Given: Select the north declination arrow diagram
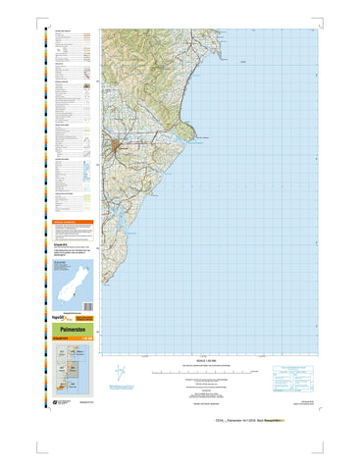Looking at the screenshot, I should click(x=121, y=374).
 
